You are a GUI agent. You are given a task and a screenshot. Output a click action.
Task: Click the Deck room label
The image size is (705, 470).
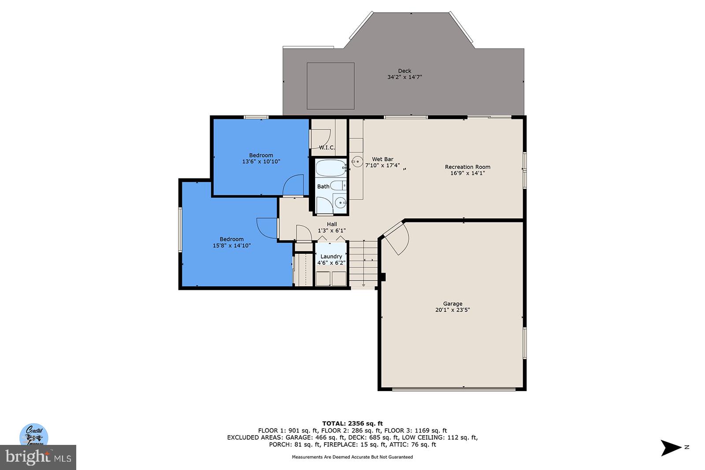click(404, 71)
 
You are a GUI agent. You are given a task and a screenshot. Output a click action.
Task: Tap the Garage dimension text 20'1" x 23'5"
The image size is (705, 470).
click(453, 310)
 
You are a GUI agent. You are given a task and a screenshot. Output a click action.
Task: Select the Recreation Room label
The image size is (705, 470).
click(468, 167)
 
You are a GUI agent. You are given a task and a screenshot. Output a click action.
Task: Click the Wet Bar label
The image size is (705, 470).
click(382, 159)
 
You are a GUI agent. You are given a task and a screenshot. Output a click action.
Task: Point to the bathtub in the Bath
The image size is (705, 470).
click(331, 168)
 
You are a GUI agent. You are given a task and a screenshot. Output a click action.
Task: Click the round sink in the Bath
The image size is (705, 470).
click(340, 203)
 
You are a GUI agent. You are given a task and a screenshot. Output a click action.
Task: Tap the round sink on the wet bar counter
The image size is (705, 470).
click(357, 162)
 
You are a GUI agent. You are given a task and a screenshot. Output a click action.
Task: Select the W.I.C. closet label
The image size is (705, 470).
click(327, 148)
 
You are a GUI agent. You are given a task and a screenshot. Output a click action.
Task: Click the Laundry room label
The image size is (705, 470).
click(331, 256)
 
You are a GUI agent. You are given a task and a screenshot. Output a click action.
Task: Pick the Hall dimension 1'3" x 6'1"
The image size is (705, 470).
click(332, 231)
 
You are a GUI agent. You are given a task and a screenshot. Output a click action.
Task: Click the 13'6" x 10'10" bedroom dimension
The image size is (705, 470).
click(261, 162)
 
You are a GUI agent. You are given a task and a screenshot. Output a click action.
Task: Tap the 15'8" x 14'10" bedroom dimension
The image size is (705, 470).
click(232, 246)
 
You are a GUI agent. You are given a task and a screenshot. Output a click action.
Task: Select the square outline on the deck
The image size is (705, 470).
click(330, 86)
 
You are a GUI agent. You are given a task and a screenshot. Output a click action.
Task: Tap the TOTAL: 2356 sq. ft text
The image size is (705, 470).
click(352, 424)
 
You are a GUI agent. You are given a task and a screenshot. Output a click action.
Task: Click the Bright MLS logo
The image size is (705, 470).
click(38, 458)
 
